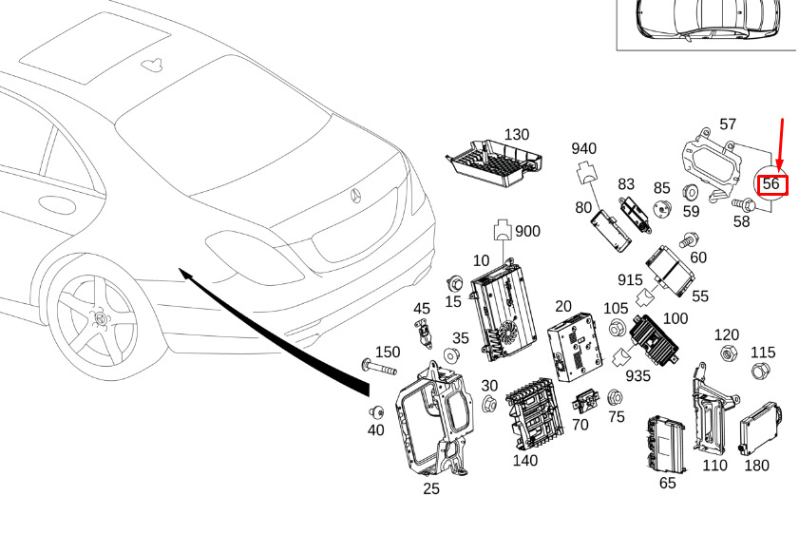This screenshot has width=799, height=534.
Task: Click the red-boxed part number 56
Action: tap(771, 183)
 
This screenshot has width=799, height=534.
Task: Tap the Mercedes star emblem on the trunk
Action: tap(357, 195)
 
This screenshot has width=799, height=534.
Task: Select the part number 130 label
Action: tap(516, 135)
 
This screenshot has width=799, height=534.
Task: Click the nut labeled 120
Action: tap(727, 354)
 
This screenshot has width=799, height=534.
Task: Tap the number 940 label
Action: tap(583, 148)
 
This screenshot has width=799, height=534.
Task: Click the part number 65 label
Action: tap(668, 483)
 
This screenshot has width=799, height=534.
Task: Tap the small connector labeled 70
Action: tap(582, 400)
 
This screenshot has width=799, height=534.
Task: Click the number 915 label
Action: tap(630, 280)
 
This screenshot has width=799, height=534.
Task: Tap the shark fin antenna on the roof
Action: tap(149, 64)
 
